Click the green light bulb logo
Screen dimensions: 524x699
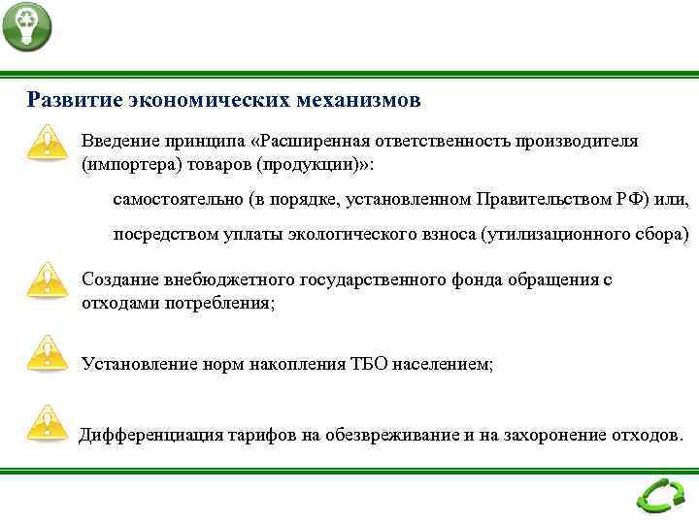coord(26,26)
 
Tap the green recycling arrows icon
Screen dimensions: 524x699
coord(659,497)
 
